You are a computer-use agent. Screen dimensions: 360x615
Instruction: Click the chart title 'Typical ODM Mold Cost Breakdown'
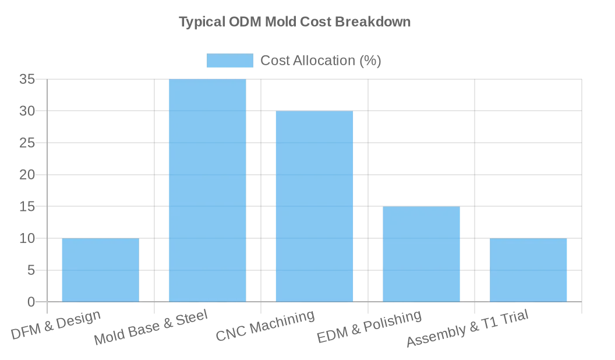click(294, 22)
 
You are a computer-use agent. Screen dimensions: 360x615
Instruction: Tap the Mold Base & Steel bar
click(207, 190)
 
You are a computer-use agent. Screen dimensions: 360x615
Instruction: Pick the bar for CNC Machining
click(314, 206)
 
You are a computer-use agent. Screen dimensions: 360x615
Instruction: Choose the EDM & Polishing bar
click(421, 254)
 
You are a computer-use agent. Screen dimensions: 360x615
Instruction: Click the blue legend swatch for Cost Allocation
click(230, 61)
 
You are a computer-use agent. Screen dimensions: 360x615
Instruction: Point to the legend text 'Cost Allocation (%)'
click(320, 61)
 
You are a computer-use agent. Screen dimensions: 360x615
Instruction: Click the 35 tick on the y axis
click(27, 79)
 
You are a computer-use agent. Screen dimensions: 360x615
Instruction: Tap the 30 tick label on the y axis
click(27, 111)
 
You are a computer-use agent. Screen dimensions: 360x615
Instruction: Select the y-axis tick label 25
click(27, 143)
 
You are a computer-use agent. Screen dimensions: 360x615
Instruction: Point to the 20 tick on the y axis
click(27, 175)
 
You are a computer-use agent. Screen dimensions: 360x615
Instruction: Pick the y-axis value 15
click(27, 206)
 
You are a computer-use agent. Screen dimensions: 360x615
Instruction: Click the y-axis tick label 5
click(31, 270)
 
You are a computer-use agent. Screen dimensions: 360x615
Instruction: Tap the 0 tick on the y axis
click(31, 302)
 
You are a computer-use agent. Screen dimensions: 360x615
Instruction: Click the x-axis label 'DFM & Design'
click(56, 325)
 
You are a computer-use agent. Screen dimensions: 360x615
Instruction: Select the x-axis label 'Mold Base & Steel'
click(150, 328)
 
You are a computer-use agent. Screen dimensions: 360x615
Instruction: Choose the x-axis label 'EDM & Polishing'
click(369, 327)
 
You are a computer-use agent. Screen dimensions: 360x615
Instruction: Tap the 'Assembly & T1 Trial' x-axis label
click(467, 329)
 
